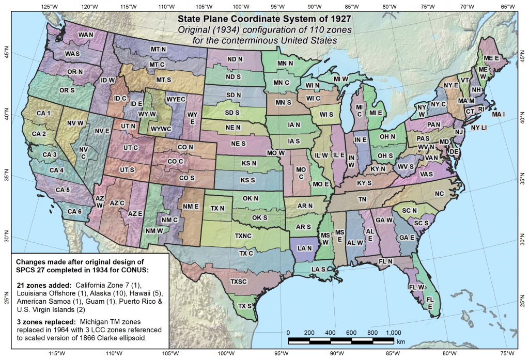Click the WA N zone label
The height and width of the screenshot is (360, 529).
[86, 35]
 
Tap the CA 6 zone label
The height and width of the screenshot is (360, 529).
[74, 211]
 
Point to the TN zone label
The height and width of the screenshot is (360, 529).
[362, 199]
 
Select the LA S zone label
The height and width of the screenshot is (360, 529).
[318, 269]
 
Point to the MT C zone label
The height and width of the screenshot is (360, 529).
[157, 65]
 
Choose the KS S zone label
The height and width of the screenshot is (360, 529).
[248, 180]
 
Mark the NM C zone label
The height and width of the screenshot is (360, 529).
[169, 220]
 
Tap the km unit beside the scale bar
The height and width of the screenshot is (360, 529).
[401, 341]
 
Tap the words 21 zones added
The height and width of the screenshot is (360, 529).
[44, 285]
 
